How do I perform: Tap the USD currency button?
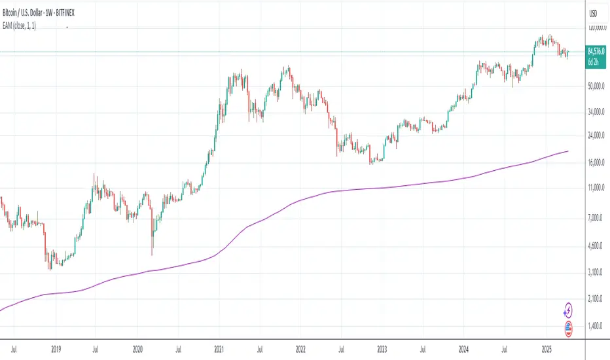(594, 14)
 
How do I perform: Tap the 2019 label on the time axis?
(54, 350)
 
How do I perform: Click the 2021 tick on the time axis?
(219, 350)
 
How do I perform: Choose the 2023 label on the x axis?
(382, 350)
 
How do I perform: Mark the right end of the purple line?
(568, 151)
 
